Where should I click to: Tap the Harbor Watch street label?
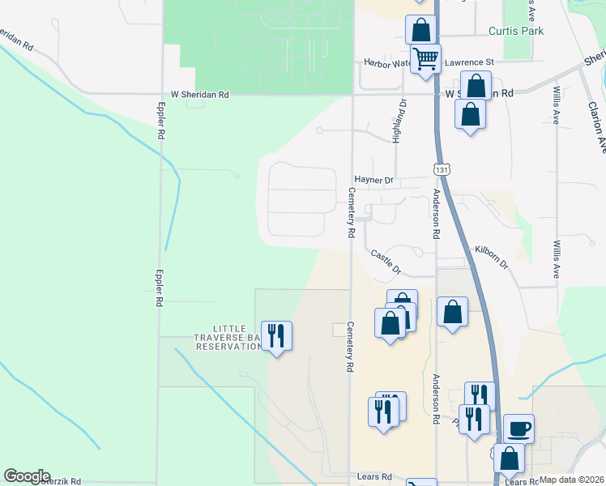pyautogui.click(x=387, y=62)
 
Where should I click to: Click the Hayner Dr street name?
pyautogui.click(x=373, y=181)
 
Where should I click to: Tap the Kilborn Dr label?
pyautogui.click(x=491, y=258)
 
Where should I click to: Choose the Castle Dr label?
pyautogui.click(x=386, y=261)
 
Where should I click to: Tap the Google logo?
pyautogui.click(x=27, y=476)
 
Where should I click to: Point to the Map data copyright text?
pyautogui.click(x=571, y=480)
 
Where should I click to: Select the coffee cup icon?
pyautogui.click(x=519, y=427)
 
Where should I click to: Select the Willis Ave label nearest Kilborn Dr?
pyautogui.click(x=557, y=258)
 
